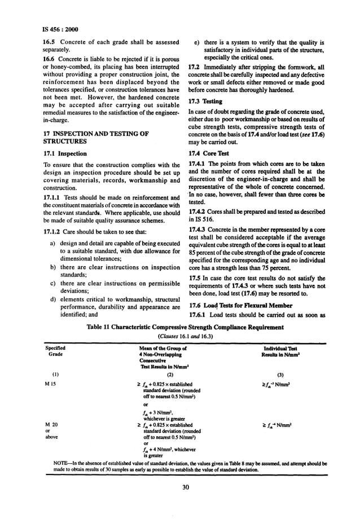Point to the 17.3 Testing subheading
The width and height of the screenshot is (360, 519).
point(205,101)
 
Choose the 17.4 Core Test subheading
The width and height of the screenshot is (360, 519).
point(209,152)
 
